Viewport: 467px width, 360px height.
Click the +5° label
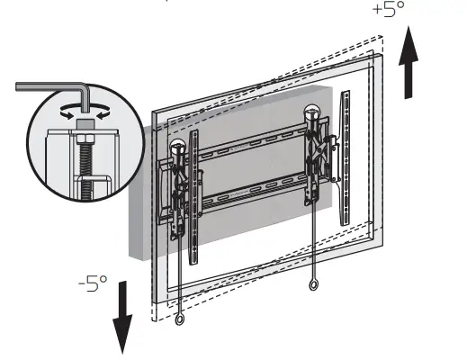389,12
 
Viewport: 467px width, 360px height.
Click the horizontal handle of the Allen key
49,87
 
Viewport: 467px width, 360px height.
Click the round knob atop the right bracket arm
314,113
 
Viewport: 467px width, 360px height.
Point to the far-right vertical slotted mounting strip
347,157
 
